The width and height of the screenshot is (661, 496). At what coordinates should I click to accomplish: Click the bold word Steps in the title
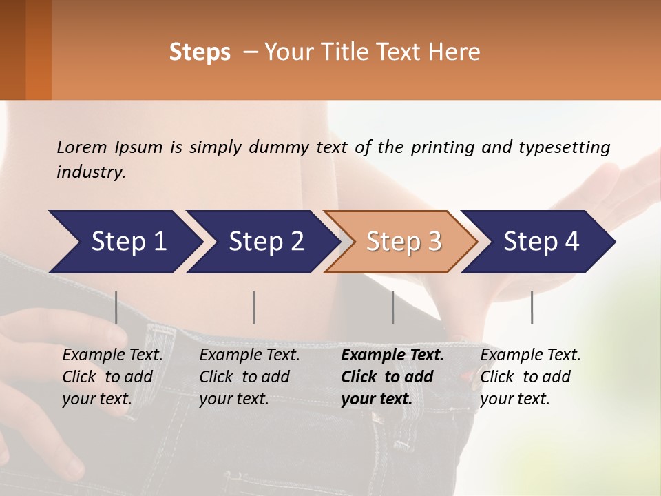coord(200,52)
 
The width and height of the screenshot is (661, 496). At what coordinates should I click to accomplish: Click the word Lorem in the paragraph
coord(82,147)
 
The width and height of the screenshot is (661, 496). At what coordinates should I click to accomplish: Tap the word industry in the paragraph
coord(90,172)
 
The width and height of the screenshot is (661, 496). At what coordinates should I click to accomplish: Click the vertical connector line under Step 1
coord(116,307)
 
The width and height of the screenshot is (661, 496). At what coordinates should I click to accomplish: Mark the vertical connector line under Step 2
coord(254,307)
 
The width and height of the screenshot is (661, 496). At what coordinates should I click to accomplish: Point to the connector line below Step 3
coord(393,307)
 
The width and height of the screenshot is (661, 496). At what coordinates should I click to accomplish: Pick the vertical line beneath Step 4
coord(532,307)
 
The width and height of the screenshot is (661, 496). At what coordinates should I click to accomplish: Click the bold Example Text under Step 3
coord(392,355)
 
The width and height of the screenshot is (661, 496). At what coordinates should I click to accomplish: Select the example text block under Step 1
coord(112,377)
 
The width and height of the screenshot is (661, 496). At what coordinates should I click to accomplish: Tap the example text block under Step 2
coord(249,377)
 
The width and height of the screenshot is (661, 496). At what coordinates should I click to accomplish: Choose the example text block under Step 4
coord(530,377)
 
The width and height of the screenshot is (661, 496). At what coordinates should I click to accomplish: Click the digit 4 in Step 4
coord(571,242)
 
